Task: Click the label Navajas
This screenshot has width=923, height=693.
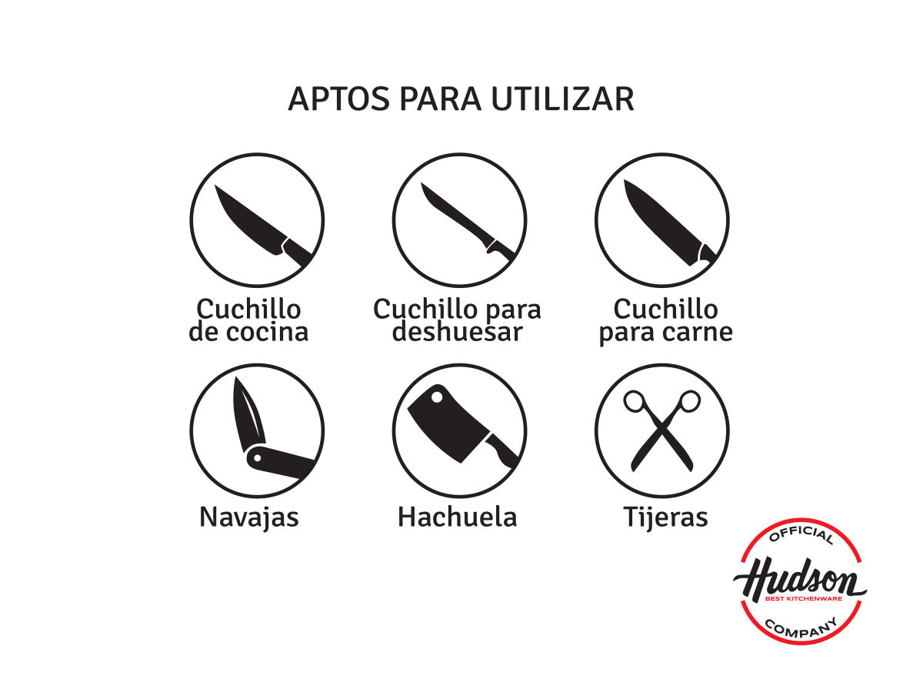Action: (x=248, y=517)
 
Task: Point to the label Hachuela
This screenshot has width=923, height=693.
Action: (x=457, y=517)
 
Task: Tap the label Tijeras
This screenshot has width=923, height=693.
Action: (x=665, y=517)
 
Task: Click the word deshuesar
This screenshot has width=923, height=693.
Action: (x=457, y=332)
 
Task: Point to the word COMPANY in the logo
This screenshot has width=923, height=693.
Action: (x=801, y=627)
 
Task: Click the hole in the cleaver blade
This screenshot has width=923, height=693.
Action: (x=437, y=397)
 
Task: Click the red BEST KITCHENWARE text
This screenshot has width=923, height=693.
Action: (x=803, y=598)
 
